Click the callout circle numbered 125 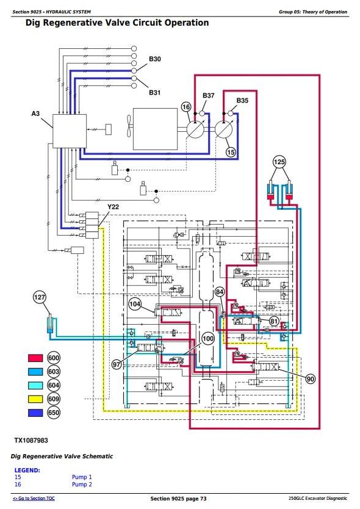(x=279, y=162)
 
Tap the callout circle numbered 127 (x=40, y=297)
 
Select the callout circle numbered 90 (x=311, y=379)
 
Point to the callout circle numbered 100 (x=208, y=339)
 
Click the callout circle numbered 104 (x=135, y=304)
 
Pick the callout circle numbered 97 (x=117, y=364)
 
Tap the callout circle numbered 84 (x=220, y=292)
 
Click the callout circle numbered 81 (x=275, y=322)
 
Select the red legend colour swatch (x=35, y=358)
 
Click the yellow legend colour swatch (x=35, y=399)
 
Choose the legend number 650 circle (x=54, y=413)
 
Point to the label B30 (x=155, y=59)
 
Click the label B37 (x=209, y=95)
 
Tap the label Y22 (x=113, y=207)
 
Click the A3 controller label (x=35, y=114)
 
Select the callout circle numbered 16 (x=186, y=107)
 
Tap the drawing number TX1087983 (x=31, y=441)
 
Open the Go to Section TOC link (x=34, y=498)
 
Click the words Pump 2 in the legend (x=82, y=485)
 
